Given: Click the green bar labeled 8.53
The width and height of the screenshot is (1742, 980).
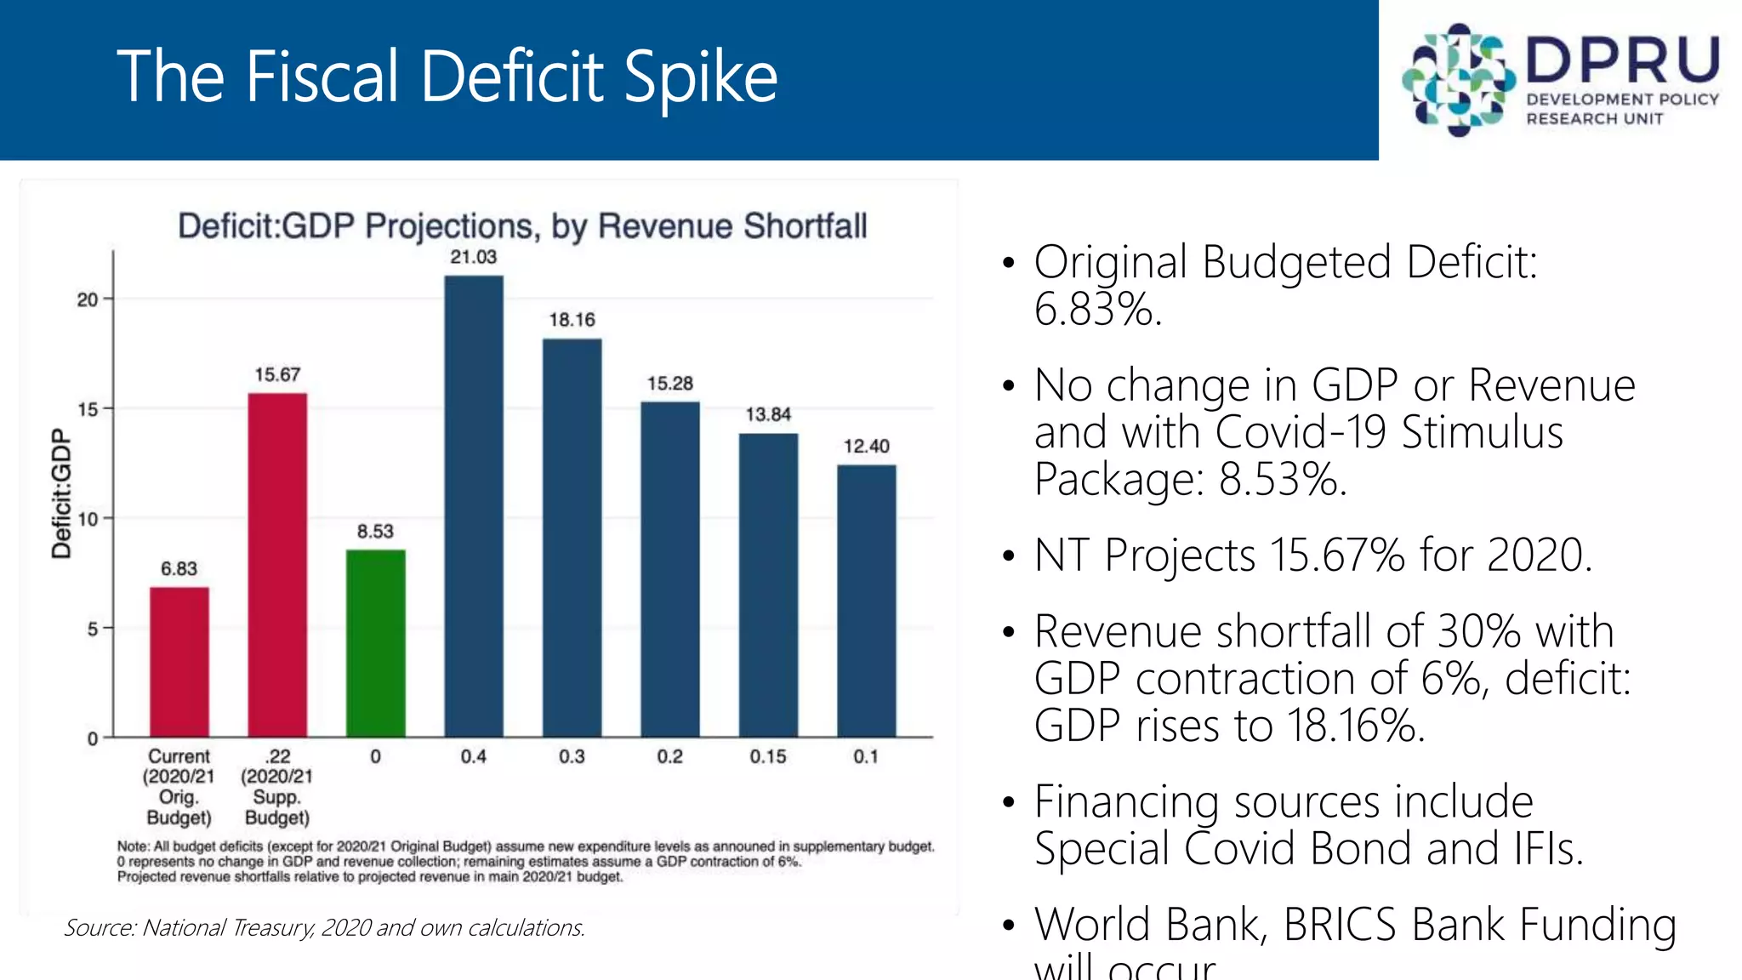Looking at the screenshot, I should point(375,643).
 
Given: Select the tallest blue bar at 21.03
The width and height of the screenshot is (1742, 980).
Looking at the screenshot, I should point(474,506).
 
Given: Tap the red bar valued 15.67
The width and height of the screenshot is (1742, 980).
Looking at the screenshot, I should point(277,565).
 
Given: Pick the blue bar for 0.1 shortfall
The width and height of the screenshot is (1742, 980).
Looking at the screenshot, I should point(866,601).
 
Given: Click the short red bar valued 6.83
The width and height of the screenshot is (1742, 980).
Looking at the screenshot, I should point(179,662).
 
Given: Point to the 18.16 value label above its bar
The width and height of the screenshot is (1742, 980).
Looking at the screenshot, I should point(572,320).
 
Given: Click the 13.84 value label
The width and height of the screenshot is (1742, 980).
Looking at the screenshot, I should point(768,414).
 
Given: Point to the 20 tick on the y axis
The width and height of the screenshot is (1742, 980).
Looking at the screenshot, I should point(88,299).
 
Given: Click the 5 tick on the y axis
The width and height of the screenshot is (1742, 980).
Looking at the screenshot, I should point(93,629).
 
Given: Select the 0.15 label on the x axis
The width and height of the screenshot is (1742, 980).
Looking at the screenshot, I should point(768,756).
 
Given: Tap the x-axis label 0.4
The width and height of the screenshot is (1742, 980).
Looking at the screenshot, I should point(474,756).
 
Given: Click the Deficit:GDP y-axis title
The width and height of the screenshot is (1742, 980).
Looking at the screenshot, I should point(61,493).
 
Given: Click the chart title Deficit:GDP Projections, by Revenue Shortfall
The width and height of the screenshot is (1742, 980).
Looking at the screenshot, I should point(522,226).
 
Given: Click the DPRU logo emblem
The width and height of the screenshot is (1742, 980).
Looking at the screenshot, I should point(1458,80).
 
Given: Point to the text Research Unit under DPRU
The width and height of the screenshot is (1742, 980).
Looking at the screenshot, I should point(1594,119).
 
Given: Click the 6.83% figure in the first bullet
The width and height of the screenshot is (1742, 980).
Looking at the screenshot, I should point(1097,309).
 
